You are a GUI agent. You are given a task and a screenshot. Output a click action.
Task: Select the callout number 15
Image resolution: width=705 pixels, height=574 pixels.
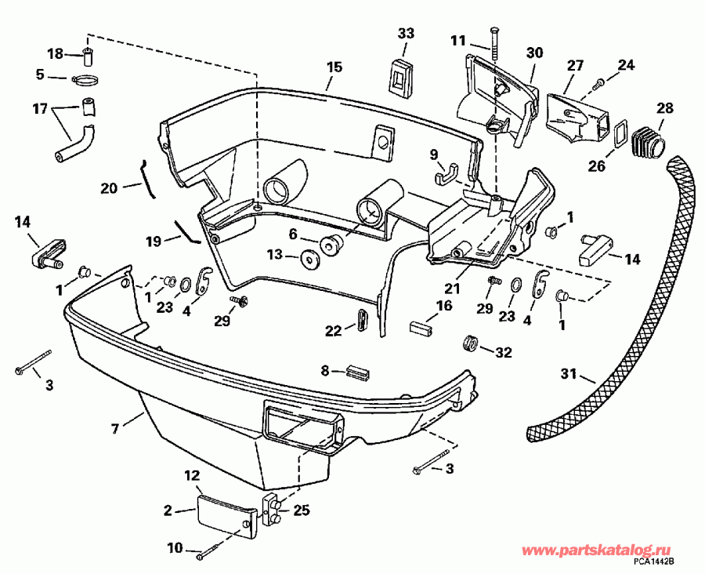334,67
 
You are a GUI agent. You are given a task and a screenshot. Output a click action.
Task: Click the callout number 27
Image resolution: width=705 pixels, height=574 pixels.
576,67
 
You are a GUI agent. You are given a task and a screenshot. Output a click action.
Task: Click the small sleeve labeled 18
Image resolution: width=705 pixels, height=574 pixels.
88,56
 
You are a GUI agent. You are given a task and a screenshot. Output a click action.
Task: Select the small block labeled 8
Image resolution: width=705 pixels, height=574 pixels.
358,372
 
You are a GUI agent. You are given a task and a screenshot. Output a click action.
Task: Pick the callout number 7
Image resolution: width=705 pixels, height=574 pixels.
115,429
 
